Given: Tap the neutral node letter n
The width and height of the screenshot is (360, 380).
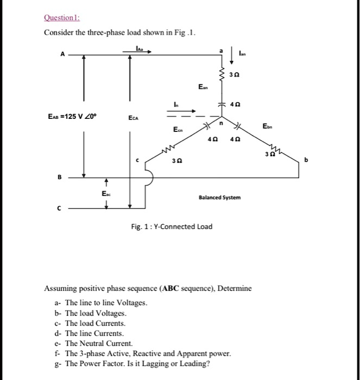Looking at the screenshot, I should pos(221,123).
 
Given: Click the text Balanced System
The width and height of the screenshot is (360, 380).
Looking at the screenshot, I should pos(220,198).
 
